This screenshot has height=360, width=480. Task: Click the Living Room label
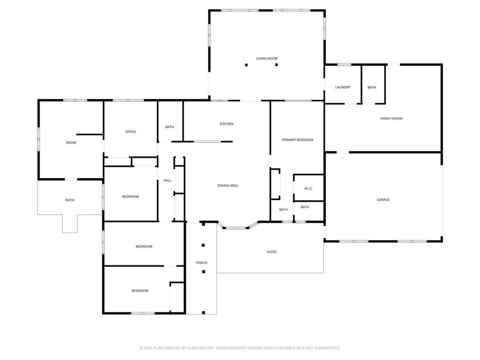267,58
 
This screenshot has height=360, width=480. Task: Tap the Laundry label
343,87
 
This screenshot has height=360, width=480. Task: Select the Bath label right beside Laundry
372,87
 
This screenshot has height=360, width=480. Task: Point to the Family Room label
391,118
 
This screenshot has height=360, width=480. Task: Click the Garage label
383,199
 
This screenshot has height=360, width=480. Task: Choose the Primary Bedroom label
297,140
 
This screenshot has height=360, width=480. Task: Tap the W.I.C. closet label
309,189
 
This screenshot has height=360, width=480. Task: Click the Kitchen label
227,124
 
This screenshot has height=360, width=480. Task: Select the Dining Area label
227,185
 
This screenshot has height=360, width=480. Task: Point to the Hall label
167,181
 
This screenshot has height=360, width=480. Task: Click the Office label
130,132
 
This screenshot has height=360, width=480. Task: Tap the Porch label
201,263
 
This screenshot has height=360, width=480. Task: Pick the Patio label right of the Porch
271,252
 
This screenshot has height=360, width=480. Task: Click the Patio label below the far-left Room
70,200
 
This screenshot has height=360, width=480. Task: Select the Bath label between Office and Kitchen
170,127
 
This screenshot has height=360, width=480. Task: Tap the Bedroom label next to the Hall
130,197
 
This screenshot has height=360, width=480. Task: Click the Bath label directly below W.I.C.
305,207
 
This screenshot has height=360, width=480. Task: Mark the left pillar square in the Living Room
247,65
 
